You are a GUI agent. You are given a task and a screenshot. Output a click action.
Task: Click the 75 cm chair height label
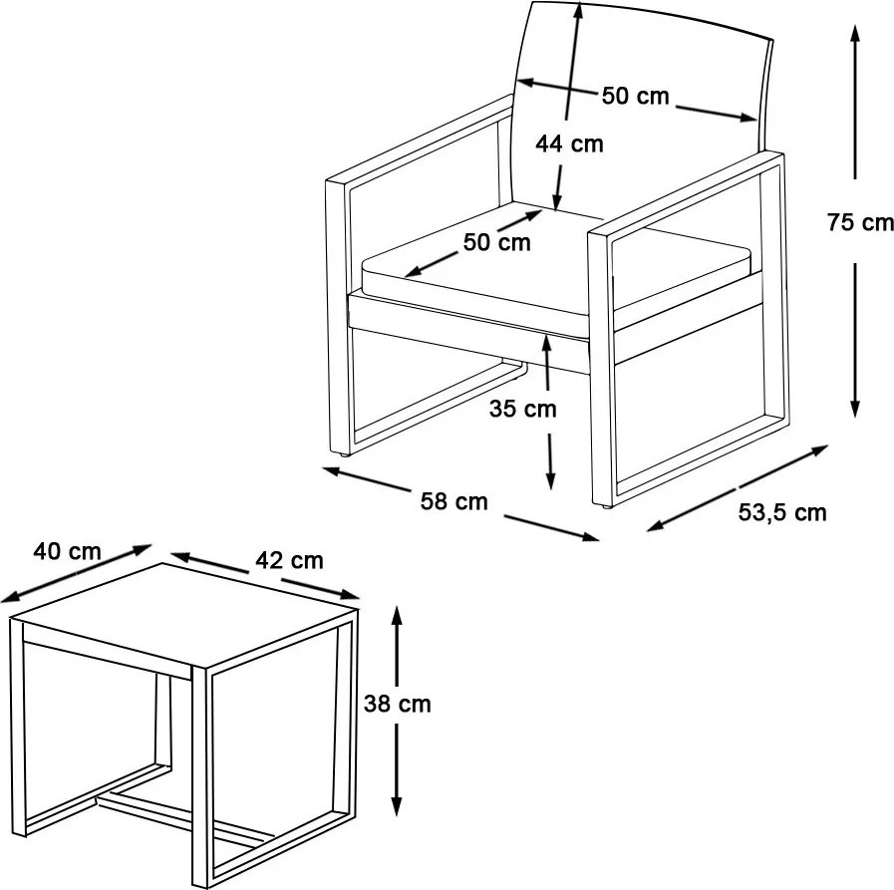[860, 222]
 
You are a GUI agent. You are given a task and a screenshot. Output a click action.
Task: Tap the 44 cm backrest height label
[569, 144]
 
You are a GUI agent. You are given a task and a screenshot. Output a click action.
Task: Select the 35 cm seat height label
[523, 409]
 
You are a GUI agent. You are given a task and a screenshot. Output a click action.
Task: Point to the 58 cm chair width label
[454, 501]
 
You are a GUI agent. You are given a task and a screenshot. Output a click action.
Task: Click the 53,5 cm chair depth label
[782, 513]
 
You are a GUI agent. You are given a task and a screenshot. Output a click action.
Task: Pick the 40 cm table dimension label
[68, 551]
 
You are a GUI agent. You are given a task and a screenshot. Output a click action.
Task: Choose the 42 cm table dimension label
[290, 560]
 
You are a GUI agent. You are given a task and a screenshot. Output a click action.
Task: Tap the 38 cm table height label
[398, 704]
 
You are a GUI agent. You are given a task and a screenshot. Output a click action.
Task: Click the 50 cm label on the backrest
[635, 96]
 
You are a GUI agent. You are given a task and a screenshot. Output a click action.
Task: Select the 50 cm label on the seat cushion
[496, 242]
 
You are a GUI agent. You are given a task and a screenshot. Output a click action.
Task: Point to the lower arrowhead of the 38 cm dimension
[398, 806]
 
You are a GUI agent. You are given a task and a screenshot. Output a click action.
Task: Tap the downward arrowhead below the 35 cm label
[550, 481]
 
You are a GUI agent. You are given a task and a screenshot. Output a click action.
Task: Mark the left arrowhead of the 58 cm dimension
[332, 471]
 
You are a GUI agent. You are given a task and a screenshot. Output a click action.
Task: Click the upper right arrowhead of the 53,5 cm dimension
[820, 449]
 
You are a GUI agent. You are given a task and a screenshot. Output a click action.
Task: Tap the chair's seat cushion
[556, 263]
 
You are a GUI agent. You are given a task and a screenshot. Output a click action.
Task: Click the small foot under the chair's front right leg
[605, 505]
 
